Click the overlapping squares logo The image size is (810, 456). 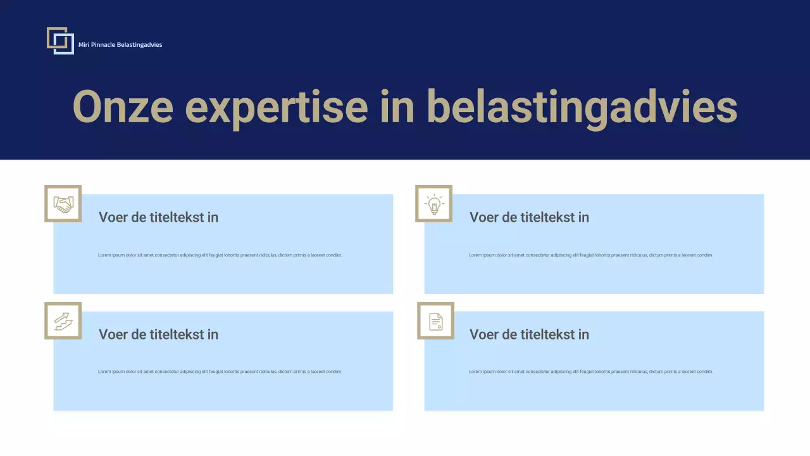[60, 41]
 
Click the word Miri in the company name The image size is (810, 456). [84, 45]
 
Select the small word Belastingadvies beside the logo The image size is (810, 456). [139, 45]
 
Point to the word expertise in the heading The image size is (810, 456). [276, 106]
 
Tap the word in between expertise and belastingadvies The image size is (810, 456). [397, 106]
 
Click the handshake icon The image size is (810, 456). [63, 204]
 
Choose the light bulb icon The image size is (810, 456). [434, 204]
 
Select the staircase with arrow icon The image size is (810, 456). [63, 321]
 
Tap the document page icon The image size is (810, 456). [435, 321]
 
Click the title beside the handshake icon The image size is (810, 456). [158, 217]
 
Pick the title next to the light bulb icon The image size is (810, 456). [529, 217]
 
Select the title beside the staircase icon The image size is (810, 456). [158, 334]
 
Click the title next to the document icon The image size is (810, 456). [529, 334]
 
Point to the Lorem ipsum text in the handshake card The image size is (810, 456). [220, 255]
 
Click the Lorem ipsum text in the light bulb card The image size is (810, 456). [590, 255]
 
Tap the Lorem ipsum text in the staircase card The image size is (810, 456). [220, 372]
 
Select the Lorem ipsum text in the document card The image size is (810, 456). [590, 372]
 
